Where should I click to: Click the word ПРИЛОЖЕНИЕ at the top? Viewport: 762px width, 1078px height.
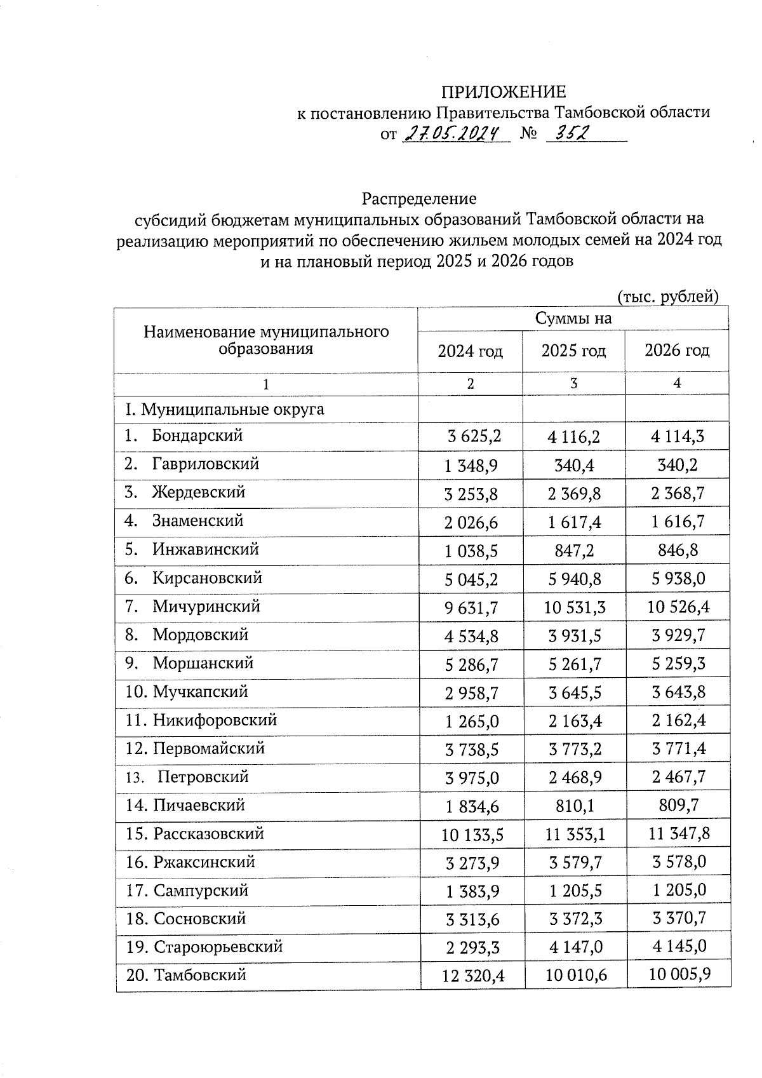pyautogui.click(x=503, y=92)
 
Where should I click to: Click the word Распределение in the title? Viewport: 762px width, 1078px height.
pyautogui.click(x=419, y=199)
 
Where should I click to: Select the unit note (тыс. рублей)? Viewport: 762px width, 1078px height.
pyautogui.click(x=667, y=297)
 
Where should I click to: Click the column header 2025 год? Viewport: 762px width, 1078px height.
pyautogui.click(x=573, y=351)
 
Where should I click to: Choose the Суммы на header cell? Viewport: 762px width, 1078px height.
pyautogui.click(x=573, y=318)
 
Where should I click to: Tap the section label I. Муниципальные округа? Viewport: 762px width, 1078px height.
pyautogui.click(x=225, y=408)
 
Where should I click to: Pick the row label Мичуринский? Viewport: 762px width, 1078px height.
pyautogui.click(x=206, y=606)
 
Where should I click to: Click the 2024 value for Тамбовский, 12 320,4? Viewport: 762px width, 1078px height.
pyautogui.click(x=472, y=976)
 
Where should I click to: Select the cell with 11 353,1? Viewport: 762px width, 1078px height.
pyautogui.click(x=575, y=834)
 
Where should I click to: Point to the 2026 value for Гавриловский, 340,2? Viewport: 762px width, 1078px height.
pyautogui.click(x=678, y=465)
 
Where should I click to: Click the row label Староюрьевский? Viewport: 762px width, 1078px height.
pyautogui.click(x=218, y=947)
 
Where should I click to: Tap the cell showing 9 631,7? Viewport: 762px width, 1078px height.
pyautogui.click(x=471, y=608)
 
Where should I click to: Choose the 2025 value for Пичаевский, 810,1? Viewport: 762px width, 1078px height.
pyautogui.click(x=574, y=806)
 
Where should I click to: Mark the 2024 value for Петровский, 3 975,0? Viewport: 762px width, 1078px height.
pyautogui.click(x=472, y=778)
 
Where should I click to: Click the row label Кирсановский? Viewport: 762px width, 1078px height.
pyautogui.click(x=207, y=578)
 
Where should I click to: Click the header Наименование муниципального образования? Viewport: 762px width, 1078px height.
pyautogui.click(x=266, y=340)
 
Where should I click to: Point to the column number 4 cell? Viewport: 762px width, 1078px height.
pyautogui.click(x=677, y=383)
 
